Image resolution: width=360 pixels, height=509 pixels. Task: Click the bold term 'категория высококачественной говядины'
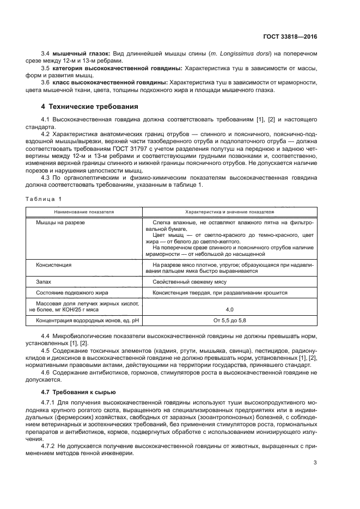click(x=117, y=68)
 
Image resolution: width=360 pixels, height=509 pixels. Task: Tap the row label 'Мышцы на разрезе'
click(x=60, y=223)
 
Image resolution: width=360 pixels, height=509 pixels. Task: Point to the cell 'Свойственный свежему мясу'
click(x=189, y=281)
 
